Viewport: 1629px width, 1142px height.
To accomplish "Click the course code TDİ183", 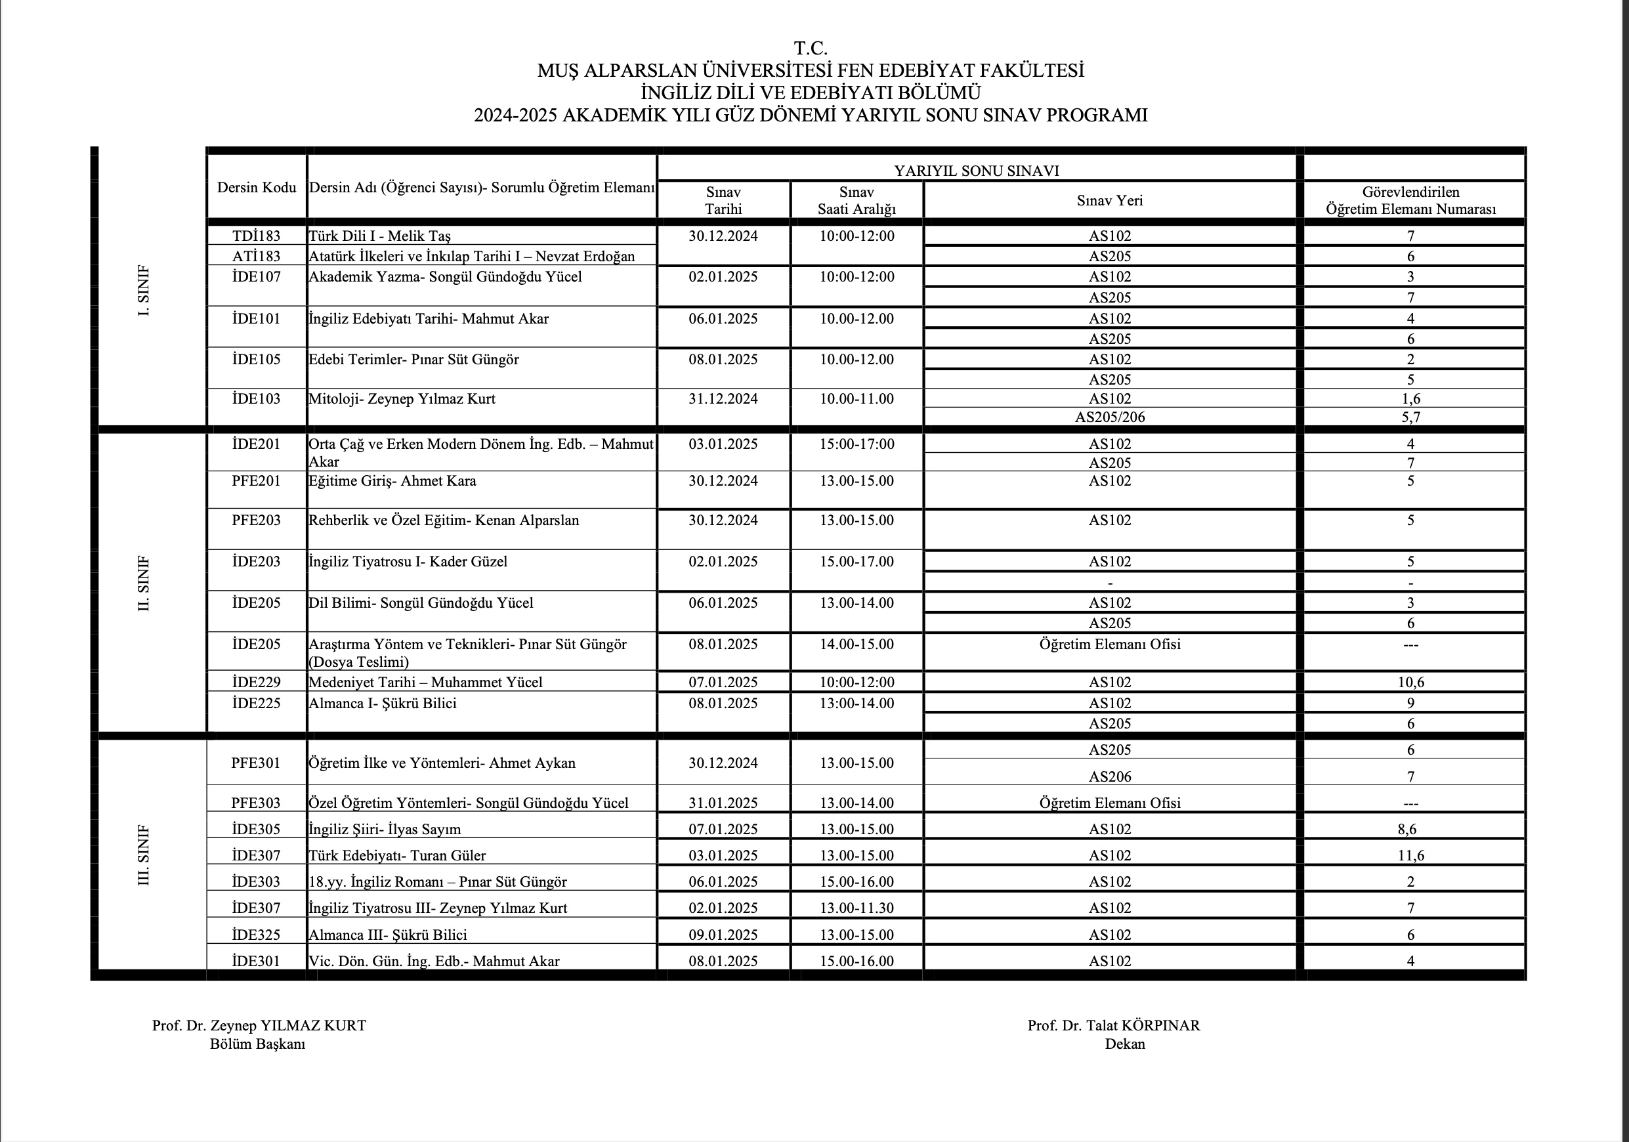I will tap(256, 236).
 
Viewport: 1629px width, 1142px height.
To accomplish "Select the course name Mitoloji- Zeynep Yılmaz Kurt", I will tap(402, 399).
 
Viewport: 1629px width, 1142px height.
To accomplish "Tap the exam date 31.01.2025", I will tap(723, 803).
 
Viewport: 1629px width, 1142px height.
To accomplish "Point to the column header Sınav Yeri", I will tap(1110, 201).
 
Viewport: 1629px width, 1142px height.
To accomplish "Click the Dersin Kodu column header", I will tap(256, 188).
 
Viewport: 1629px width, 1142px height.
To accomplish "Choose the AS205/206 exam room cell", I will tap(1110, 417).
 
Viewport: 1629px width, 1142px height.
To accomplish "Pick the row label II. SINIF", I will tap(144, 583).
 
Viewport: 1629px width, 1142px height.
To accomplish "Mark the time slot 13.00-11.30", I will tap(857, 908).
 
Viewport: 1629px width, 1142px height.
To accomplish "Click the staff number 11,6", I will tap(1410, 855).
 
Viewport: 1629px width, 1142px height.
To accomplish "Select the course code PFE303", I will tap(256, 803).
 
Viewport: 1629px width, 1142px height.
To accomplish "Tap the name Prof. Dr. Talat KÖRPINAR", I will tap(1113, 1026).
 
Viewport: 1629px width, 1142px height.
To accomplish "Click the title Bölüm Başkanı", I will tap(257, 1044).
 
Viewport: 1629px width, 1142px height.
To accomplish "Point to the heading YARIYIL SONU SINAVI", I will tap(976, 171).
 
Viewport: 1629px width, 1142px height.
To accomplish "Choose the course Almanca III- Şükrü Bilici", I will tap(387, 935).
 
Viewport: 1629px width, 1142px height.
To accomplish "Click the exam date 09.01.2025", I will tap(723, 935).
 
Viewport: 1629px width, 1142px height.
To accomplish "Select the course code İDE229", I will tap(256, 683).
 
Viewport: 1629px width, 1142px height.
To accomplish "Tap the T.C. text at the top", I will tap(811, 48).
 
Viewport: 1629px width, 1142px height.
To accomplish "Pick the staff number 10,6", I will tap(1410, 683).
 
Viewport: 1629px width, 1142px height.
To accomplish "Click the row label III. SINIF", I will tap(144, 855).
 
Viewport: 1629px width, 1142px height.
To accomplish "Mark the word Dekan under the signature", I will tap(1124, 1044).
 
